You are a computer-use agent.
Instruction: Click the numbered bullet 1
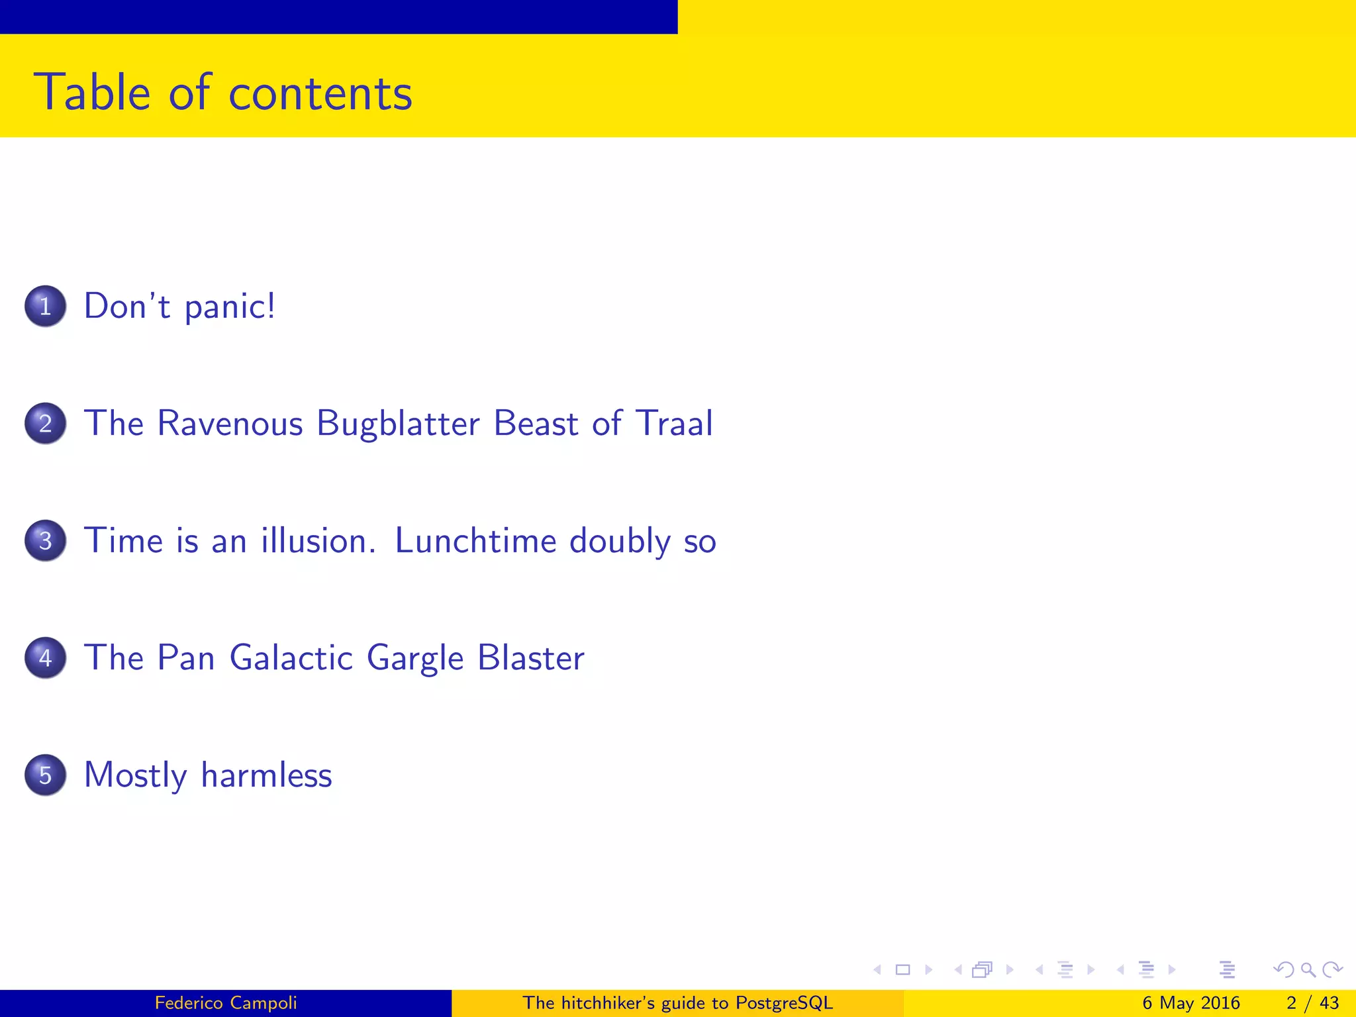45,306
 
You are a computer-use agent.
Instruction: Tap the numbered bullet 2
45,423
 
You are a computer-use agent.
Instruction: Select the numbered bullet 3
45,540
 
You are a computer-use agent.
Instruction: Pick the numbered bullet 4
45,657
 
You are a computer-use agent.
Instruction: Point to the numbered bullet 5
45,775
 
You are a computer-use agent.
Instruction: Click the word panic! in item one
229,307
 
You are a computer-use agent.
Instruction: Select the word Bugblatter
398,424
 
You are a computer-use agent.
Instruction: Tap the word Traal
674,423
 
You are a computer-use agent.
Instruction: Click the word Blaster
531,657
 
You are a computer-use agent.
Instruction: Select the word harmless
266,775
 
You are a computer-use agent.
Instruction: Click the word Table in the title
92,92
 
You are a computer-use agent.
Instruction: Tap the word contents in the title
320,93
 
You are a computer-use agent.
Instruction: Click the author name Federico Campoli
226,1003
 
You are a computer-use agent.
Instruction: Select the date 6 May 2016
1190,1003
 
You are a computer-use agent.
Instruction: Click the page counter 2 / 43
1312,1003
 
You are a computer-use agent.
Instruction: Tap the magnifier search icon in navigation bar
1308,970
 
